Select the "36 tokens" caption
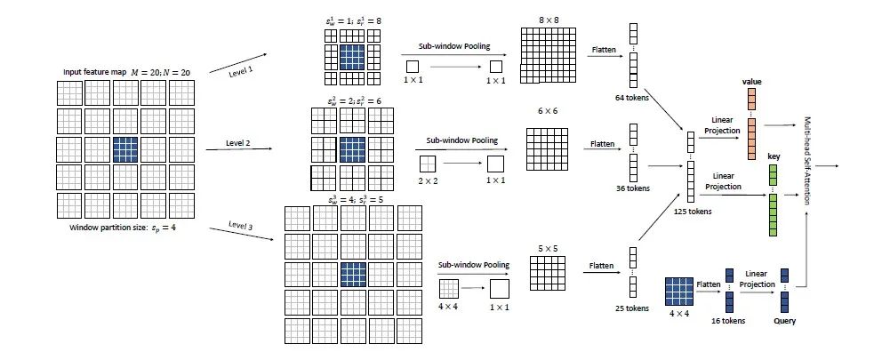(633, 188)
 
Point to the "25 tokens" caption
(632, 308)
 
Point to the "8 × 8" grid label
(541, 19)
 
